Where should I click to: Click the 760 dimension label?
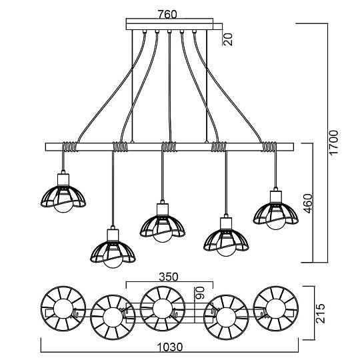[x=171, y=13]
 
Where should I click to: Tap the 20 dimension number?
[x=228, y=38]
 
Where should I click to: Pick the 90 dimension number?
[x=198, y=293]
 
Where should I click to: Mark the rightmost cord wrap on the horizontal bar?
[x=271, y=146]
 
